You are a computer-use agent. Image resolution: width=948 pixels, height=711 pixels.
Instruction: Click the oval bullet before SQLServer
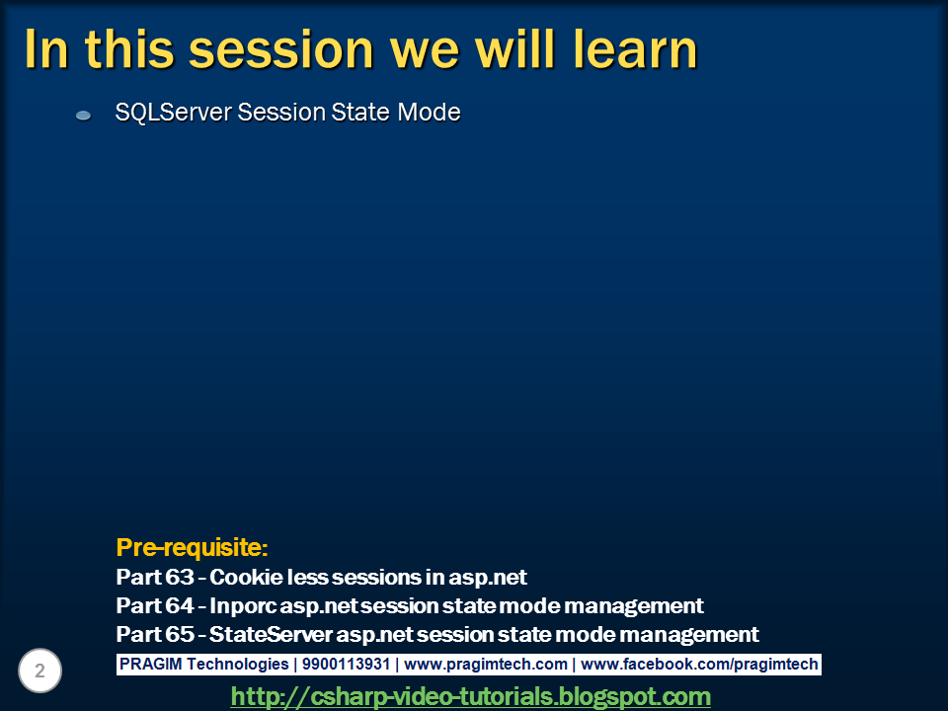point(83,115)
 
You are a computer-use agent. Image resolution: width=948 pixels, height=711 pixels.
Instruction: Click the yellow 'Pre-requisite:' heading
point(192,547)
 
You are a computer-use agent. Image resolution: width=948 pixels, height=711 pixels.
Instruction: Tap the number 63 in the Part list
point(180,577)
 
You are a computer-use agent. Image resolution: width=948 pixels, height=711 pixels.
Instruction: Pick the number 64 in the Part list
point(180,605)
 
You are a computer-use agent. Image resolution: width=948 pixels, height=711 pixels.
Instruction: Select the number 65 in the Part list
point(180,634)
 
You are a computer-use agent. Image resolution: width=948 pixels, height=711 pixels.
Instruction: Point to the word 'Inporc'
point(243,605)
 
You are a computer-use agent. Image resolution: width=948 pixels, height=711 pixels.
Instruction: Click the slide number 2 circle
point(39,671)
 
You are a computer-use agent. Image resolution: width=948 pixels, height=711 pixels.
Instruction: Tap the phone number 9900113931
point(346,664)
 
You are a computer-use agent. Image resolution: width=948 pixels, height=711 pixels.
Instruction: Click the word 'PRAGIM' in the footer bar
point(150,664)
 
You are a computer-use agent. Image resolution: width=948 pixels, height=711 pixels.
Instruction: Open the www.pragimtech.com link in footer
point(486,664)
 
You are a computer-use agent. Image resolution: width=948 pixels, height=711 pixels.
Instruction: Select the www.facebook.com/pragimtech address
point(699,664)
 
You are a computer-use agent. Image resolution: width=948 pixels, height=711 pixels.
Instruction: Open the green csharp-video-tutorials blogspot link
point(470,696)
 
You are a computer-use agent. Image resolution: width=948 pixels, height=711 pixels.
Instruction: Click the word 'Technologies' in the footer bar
point(238,664)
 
